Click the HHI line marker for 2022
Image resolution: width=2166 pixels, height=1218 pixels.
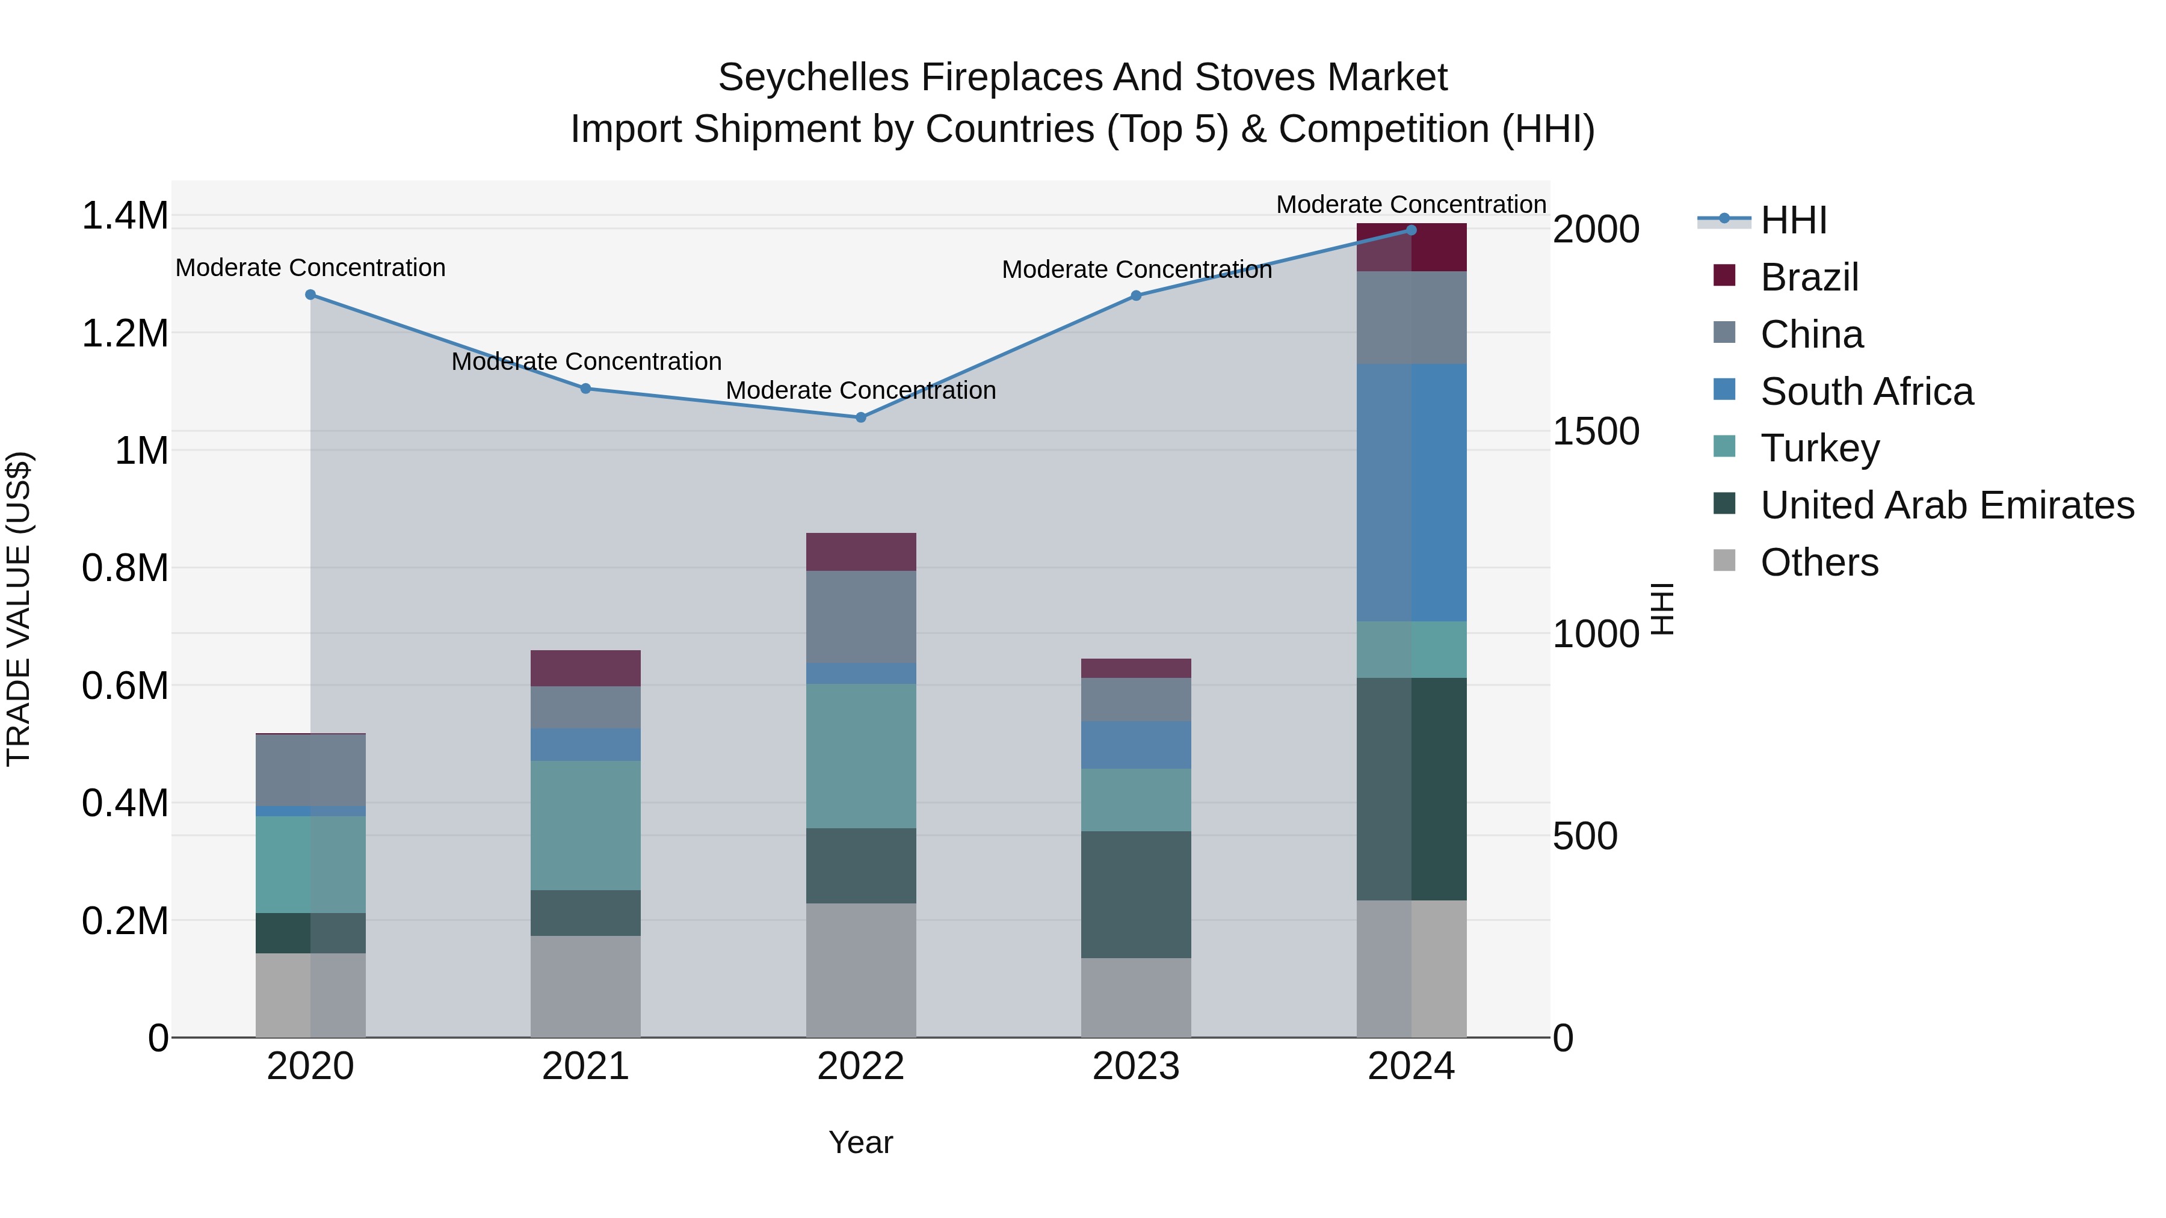pos(860,417)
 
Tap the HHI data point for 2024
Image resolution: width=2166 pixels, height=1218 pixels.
pos(1411,230)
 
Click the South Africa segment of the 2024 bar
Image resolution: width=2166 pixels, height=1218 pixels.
pos(1411,493)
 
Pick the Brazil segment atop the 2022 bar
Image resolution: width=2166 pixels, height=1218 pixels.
pos(860,552)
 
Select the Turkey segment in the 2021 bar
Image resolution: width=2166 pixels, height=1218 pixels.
pos(585,825)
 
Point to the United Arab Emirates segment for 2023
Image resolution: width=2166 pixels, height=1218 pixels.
pos(1135,894)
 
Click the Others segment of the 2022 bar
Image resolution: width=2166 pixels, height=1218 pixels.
pos(860,970)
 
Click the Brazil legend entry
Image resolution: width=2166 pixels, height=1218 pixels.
pos(1809,277)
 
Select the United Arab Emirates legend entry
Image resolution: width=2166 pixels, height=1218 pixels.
pos(1946,505)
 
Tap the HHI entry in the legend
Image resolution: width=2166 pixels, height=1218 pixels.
pos(1793,220)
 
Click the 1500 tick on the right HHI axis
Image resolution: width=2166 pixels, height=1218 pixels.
pos(1595,431)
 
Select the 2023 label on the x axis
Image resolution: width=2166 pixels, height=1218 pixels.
pos(1135,1066)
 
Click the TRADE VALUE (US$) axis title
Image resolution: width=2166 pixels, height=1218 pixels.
pos(19,609)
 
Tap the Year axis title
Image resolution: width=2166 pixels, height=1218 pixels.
pos(860,1142)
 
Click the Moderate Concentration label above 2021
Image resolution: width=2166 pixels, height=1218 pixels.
pos(586,361)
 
